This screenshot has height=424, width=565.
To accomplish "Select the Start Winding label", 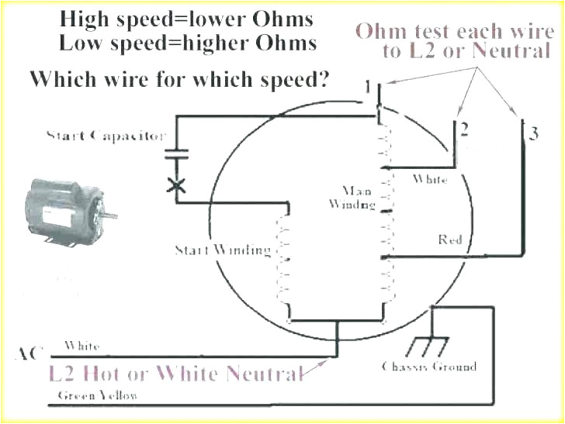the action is coord(222,250).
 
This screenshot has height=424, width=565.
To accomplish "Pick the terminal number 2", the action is coord(463,129).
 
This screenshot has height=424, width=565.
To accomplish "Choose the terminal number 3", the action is coord(533,133).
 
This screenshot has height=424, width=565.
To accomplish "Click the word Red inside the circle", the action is coord(450,240).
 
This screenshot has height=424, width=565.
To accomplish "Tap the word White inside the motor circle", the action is coord(429,179).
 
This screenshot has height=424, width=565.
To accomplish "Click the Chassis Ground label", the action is coord(429,366).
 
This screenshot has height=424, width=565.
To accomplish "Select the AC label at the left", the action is coord(29,353).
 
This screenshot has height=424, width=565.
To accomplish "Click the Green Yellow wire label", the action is coord(99,395).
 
